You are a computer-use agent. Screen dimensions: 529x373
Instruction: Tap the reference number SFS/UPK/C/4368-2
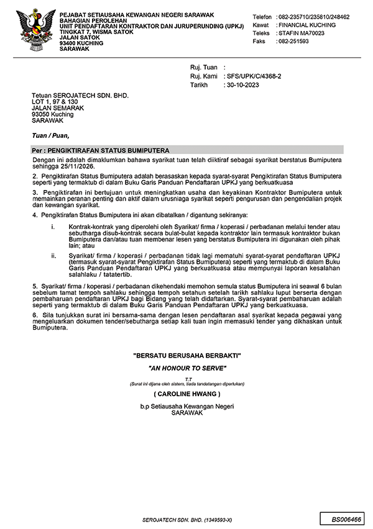(255, 76)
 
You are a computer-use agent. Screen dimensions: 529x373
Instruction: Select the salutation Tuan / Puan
(51, 135)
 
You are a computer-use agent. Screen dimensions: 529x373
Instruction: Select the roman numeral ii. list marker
(55, 255)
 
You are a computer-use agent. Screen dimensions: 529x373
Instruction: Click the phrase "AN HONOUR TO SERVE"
(186, 368)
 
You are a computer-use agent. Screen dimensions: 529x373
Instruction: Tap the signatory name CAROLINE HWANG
(186, 394)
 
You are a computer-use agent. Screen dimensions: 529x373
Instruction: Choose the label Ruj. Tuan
(203, 68)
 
